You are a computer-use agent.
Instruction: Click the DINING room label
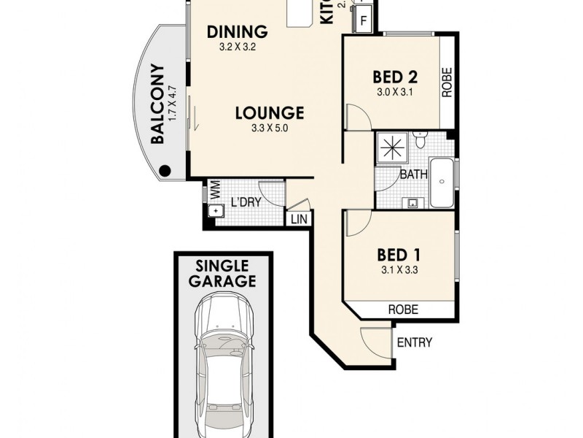click(238, 32)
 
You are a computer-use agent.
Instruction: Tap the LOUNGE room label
click(269, 113)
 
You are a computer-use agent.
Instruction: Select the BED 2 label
click(394, 77)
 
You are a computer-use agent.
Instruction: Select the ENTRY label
click(414, 342)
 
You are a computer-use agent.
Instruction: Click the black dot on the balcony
click(165, 171)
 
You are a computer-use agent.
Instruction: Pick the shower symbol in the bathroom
click(393, 147)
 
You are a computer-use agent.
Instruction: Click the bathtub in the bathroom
click(442, 183)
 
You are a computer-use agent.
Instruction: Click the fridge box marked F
click(364, 21)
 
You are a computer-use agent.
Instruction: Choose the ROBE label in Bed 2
click(447, 82)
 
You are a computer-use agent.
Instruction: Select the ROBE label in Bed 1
click(404, 310)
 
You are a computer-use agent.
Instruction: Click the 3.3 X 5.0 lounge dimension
click(269, 130)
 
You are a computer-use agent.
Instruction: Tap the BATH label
click(413, 174)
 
